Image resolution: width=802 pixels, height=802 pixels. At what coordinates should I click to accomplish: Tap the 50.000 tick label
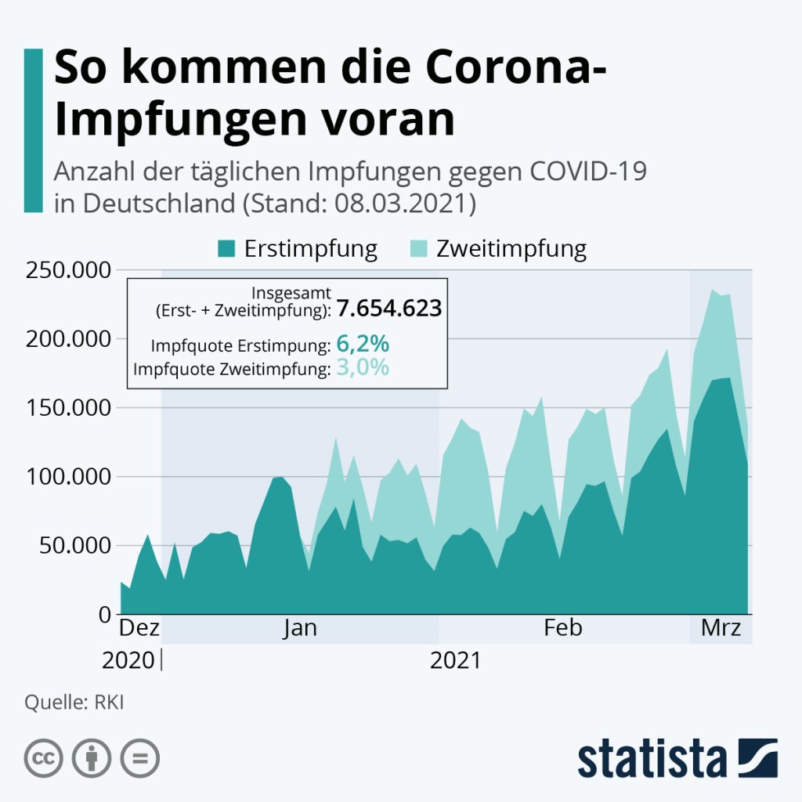coord(70,546)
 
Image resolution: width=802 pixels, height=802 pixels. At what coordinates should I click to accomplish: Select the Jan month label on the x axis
coord(300,628)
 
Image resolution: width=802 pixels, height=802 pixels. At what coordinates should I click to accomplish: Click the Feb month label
coord(563,628)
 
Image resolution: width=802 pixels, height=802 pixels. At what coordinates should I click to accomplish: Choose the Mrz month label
coord(721,628)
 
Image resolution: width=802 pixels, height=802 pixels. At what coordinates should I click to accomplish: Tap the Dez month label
coord(139,628)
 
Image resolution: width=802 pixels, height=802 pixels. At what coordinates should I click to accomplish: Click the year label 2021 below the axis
coord(455,660)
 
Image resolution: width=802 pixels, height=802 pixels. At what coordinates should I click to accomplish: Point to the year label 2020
coord(128,660)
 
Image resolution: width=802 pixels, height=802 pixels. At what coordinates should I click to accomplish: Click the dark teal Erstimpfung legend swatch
coord(226,250)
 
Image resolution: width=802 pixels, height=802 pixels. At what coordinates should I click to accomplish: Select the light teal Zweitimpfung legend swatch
coord(419,250)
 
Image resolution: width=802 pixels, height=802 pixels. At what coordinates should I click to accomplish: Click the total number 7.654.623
coord(389,309)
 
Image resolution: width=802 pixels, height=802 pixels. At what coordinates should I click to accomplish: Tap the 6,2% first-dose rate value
coord(363,345)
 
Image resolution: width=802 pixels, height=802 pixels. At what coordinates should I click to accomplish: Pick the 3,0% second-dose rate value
coord(363,367)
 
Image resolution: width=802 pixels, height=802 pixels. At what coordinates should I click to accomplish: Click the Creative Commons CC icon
coord(44,758)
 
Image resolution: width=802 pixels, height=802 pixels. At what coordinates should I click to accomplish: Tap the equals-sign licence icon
coord(139,758)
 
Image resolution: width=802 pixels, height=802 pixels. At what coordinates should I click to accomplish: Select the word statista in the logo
coord(652,758)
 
